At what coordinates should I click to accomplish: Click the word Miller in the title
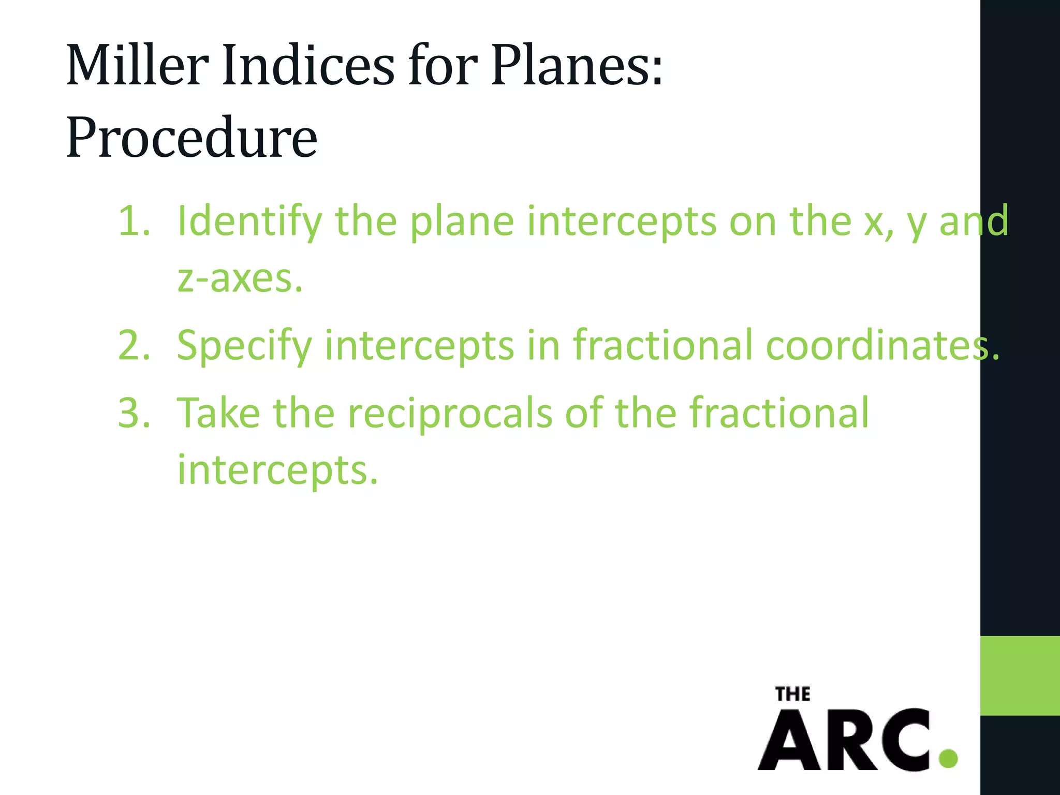137,66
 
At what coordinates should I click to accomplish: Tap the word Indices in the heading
308,66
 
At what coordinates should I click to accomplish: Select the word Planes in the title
569,66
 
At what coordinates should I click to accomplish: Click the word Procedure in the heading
192,137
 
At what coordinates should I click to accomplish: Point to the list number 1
134,222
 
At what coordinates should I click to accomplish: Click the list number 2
134,346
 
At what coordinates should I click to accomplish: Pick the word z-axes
239,278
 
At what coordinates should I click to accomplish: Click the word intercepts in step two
419,346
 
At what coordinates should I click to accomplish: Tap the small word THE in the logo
792,694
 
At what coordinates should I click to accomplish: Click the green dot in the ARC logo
948,759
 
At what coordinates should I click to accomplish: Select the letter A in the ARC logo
790,741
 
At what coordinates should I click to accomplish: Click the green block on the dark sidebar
1020,675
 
